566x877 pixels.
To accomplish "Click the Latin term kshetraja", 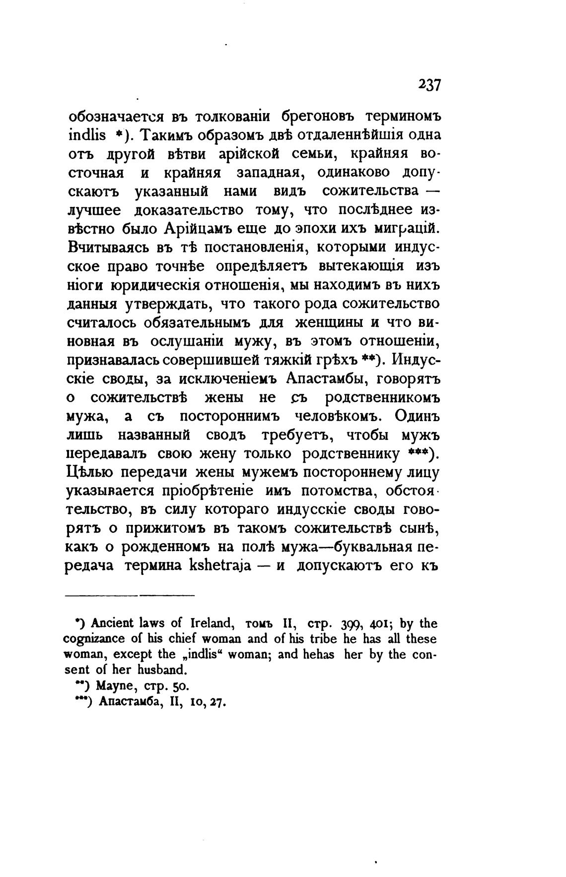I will coord(226,566).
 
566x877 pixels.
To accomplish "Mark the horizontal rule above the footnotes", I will coord(130,595).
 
